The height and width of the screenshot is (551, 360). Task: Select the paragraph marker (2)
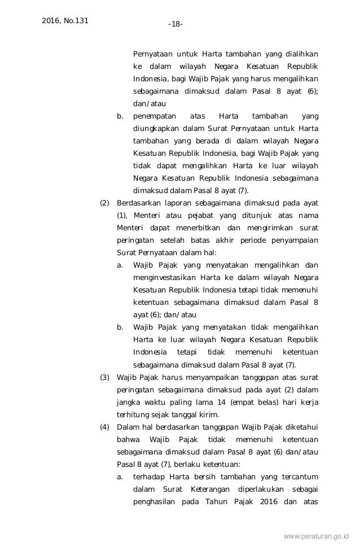104,203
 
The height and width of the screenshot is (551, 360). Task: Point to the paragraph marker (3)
104,377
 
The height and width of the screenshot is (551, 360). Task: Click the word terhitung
133,414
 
